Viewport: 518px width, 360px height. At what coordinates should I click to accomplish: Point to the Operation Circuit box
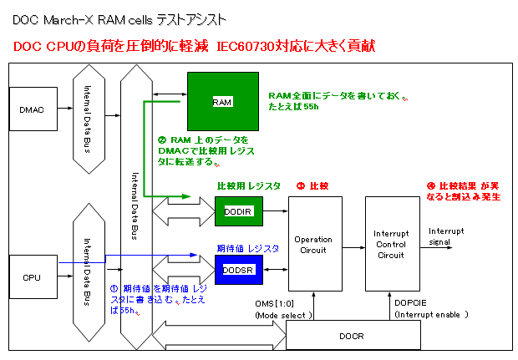pos(314,244)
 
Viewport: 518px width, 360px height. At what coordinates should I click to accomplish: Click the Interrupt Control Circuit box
pos(391,244)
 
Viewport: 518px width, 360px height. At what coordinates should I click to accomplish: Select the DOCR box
pos(353,335)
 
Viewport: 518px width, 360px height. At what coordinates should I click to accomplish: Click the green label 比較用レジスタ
pos(248,185)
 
